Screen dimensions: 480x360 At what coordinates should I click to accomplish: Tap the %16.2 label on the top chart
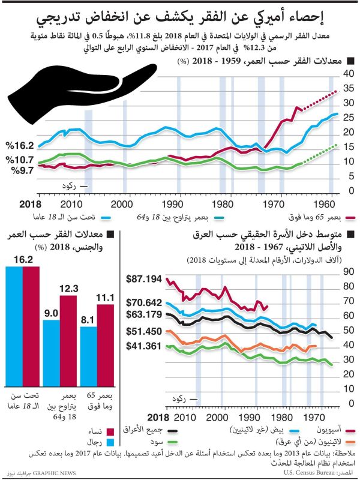(x=20, y=145)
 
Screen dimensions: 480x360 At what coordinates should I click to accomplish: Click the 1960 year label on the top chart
(x=325, y=203)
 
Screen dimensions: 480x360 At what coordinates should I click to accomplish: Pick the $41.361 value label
(x=145, y=346)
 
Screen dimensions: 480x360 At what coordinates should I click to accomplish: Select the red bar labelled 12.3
(x=68, y=341)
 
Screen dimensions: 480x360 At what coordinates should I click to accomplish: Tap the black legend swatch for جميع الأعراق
(x=172, y=430)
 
